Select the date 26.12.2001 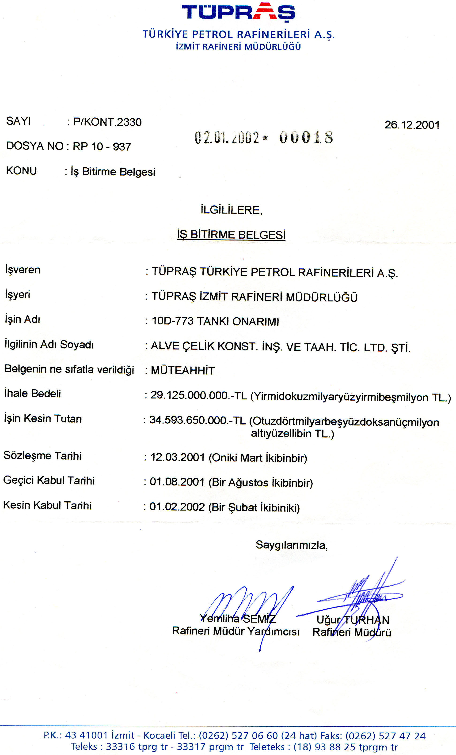(412, 125)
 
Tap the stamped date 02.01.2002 (227, 138)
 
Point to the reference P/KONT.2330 (107, 122)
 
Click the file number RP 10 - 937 (102, 146)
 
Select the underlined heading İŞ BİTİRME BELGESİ (231, 235)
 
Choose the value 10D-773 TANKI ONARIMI (215, 321)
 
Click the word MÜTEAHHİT (183, 370)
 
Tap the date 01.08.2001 (177, 482)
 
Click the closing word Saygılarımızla (291, 545)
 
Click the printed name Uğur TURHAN (353, 620)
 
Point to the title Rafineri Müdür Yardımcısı (236, 631)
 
